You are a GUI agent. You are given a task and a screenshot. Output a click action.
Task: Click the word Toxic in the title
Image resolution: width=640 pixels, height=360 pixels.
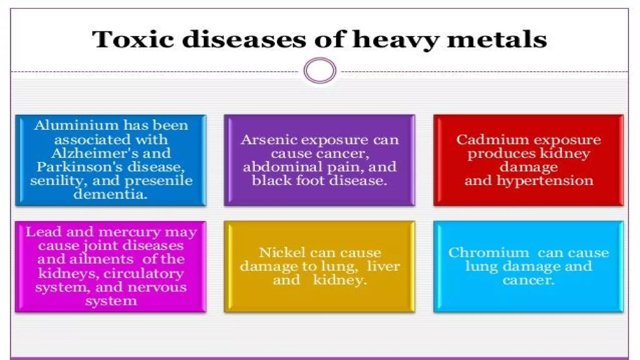pos(133,39)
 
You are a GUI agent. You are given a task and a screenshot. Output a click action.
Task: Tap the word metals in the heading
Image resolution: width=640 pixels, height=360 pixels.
pos(497,39)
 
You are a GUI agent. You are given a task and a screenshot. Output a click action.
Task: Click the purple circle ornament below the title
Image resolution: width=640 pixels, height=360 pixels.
pos(320,70)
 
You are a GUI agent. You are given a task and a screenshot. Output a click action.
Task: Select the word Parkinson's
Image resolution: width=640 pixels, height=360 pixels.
pos(79,167)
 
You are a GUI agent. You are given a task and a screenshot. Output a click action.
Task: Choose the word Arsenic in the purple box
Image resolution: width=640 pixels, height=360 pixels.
pos(269,140)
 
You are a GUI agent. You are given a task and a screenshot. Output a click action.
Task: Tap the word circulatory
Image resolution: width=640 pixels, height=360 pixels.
pos(143,273)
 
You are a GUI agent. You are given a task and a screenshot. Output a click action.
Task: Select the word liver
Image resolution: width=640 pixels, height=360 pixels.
pos(383,266)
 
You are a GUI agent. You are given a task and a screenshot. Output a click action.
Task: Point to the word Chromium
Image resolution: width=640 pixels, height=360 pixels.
pos(488,252)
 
